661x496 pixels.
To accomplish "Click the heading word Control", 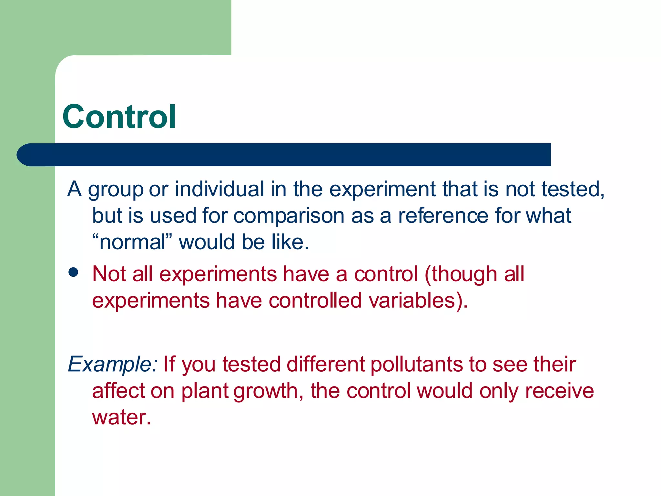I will coord(119,117).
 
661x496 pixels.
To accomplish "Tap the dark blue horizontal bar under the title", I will coord(284,155).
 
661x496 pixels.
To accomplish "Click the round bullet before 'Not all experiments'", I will coord(74,272).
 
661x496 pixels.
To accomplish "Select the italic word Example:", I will coord(113,364).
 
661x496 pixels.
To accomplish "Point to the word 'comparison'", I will coord(289,216).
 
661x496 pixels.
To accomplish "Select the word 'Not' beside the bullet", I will coord(109,274).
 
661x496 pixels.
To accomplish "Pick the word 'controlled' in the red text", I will coord(315,300).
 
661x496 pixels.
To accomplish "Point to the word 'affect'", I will coord(118,391).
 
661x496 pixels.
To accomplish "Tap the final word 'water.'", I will coord(122,417).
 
